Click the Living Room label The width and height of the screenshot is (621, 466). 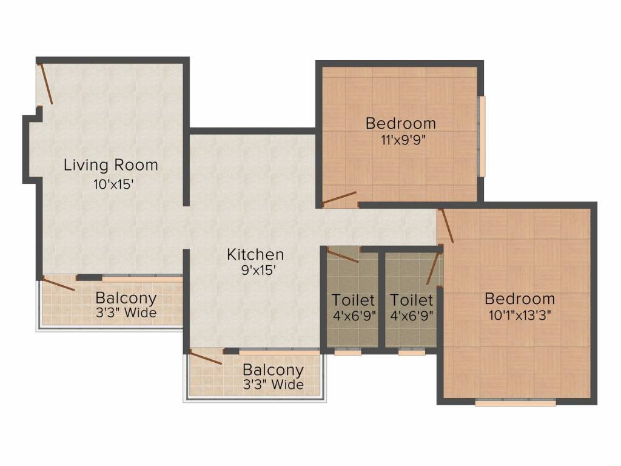tap(111, 165)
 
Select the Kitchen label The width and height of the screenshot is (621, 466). tap(255, 254)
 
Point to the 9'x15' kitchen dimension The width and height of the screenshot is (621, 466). tap(258, 270)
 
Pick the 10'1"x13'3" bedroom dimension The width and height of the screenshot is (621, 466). tap(520, 316)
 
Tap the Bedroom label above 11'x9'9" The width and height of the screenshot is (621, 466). tap(401, 123)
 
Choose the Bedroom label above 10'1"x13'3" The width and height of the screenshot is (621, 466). tap(520, 299)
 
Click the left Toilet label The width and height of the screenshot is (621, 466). tap(353, 300)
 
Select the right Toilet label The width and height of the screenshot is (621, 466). tap(412, 300)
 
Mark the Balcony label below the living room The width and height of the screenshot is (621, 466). tap(126, 297)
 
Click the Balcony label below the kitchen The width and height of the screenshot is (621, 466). tap(274, 370)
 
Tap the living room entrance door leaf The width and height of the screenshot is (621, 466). tap(45, 83)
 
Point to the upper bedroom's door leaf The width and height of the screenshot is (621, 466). tap(340, 198)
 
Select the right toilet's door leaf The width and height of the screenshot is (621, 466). tap(433, 268)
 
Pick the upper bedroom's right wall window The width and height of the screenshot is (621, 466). tap(482, 137)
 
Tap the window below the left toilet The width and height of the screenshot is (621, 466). tap(347, 352)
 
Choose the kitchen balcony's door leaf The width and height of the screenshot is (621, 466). tap(205, 357)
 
